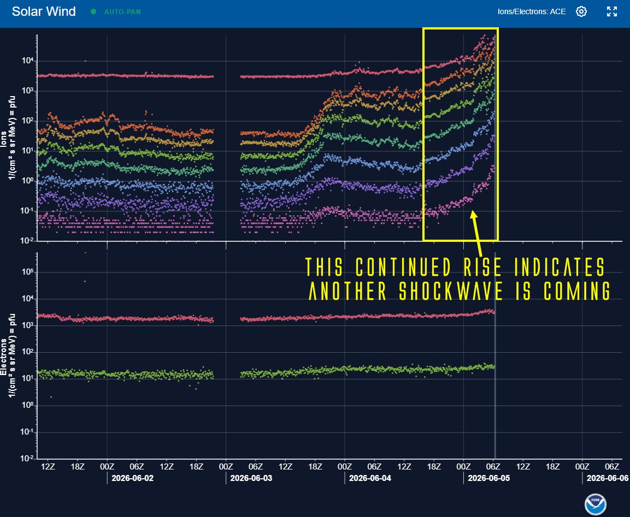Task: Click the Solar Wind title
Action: [44, 11]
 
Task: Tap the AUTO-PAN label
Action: [122, 11]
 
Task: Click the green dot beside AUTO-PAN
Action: [93, 11]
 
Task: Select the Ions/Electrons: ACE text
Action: [532, 11]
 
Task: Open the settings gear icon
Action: [581, 11]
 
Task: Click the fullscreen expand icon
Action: [612, 11]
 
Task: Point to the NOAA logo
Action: [596, 504]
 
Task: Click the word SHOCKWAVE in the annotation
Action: [451, 290]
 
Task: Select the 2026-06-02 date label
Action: [133, 478]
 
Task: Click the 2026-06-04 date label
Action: [370, 478]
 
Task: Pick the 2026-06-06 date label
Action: [608, 478]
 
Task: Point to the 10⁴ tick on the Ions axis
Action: [27, 61]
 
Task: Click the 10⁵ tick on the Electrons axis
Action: [27, 272]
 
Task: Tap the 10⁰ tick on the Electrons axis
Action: [27, 406]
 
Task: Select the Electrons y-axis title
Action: [8, 355]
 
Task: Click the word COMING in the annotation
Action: [577, 290]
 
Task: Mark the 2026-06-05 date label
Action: [489, 478]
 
